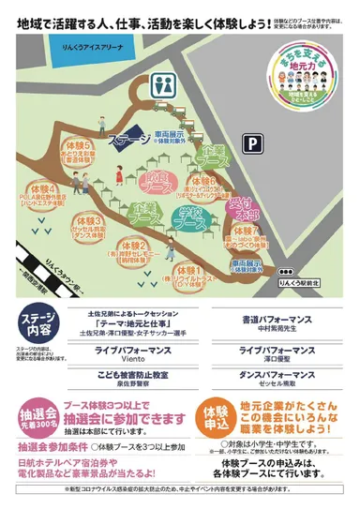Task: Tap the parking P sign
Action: (250, 142)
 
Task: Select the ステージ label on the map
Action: (128, 142)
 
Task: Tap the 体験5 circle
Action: (78, 150)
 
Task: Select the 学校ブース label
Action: (192, 221)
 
